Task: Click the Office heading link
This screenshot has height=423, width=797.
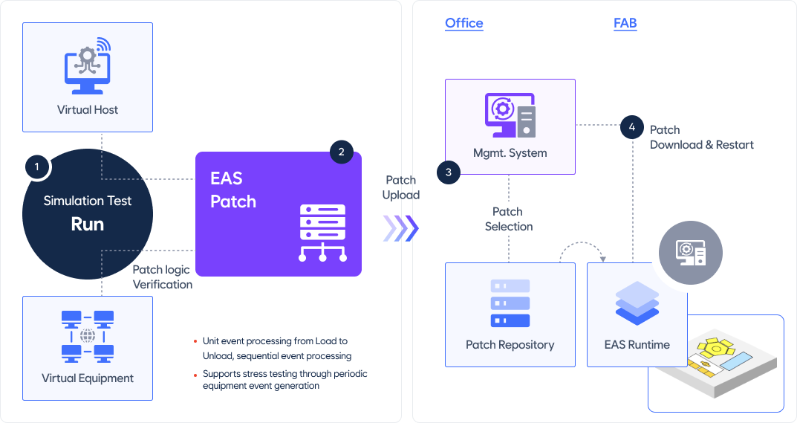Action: pyautogui.click(x=464, y=23)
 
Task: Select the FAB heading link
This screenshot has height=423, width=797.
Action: pyautogui.click(x=625, y=23)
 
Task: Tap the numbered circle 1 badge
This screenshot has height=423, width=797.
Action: pyautogui.click(x=36, y=167)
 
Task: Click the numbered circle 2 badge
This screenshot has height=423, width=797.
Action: pyautogui.click(x=341, y=152)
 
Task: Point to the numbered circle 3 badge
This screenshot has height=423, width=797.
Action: pyautogui.click(x=449, y=172)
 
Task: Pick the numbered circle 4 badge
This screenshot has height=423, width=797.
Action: pyautogui.click(x=632, y=127)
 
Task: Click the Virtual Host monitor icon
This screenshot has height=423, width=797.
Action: pyautogui.click(x=88, y=65)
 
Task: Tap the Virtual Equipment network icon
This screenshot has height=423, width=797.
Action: pyautogui.click(x=88, y=337)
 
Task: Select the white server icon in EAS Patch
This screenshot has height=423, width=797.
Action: pyautogui.click(x=323, y=233)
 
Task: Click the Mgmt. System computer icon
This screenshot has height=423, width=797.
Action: pyautogui.click(x=510, y=115)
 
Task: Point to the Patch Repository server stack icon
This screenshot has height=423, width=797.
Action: pyautogui.click(x=510, y=303)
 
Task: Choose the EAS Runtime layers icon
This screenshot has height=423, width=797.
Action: pyautogui.click(x=637, y=303)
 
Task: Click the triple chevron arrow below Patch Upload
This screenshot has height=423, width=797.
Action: pyautogui.click(x=401, y=228)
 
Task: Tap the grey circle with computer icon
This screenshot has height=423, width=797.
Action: pyautogui.click(x=690, y=253)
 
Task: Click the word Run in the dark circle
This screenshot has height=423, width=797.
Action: pyautogui.click(x=88, y=225)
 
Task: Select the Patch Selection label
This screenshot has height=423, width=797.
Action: pyautogui.click(x=508, y=219)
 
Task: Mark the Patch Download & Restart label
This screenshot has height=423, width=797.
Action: pyautogui.click(x=701, y=138)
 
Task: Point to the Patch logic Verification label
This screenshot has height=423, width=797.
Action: pyautogui.click(x=163, y=277)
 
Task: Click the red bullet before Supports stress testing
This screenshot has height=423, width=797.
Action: pyautogui.click(x=195, y=375)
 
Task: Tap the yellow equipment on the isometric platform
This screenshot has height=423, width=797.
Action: pyautogui.click(x=716, y=349)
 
